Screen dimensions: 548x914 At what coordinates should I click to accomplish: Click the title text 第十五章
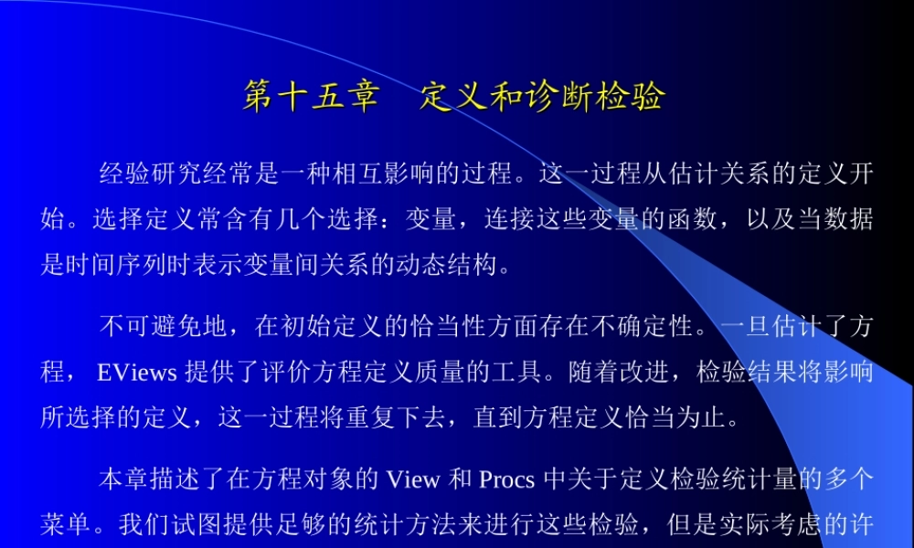311,97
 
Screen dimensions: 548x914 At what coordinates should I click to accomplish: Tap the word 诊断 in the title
553,97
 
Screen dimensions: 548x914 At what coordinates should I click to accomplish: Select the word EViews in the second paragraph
137,373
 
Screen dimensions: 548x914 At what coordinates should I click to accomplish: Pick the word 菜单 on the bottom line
65,524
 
